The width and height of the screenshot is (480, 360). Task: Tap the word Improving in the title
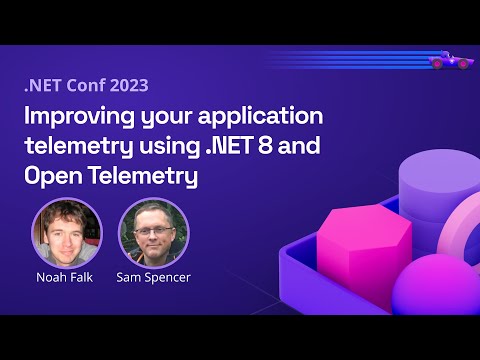tap(74, 118)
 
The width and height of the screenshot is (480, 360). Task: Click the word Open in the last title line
tap(52, 176)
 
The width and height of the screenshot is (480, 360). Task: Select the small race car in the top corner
tap(450, 61)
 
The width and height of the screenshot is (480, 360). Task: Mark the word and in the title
tap(299, 147)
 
